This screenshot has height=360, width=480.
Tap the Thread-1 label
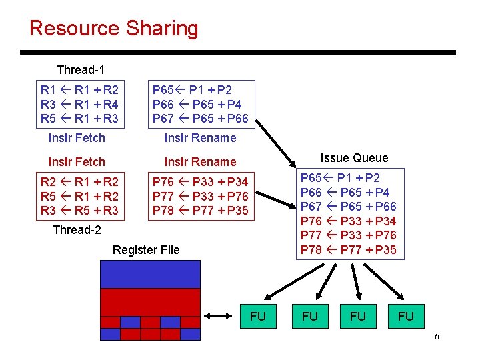(81, 70)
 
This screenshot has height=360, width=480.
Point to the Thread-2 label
(77, 230)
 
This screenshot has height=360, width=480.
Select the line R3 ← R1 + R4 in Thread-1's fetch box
(79, 104)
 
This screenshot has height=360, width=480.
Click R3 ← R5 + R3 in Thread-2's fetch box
(79, 211)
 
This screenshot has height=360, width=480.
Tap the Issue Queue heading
(354, 158)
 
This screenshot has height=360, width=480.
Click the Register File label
(146, 250)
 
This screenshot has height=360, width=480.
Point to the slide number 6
(437, 336)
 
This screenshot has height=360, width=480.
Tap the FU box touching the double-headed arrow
(257, 316)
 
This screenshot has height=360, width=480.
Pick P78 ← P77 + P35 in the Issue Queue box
(349, 250)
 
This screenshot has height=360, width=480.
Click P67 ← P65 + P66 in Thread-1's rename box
(201, 119)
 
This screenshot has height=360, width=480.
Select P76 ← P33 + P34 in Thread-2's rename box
(200, 181)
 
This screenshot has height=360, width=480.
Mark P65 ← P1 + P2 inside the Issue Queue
(340, 178)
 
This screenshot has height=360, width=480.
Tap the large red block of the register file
(150, 301)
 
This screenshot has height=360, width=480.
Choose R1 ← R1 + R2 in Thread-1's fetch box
(79, 89)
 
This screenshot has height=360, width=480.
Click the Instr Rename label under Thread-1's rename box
(200, 138)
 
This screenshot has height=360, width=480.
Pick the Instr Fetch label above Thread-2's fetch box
(77, 162)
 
